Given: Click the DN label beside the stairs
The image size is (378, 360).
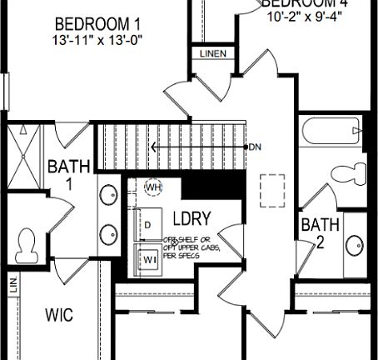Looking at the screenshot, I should (255, 147).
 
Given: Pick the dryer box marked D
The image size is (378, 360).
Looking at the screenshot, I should (148, 226).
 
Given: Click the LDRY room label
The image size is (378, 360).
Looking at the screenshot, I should (191, 219).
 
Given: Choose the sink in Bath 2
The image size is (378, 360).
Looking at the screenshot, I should (354, 244).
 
